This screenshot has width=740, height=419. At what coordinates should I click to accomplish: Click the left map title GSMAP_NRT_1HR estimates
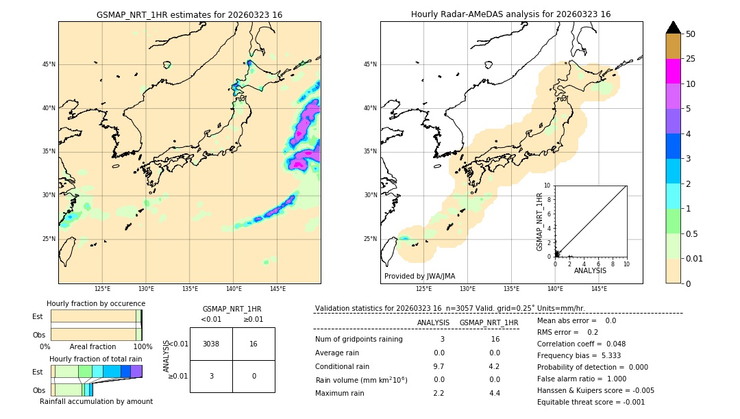point(189,14)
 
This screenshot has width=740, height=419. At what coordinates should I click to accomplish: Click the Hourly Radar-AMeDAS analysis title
point(510,14)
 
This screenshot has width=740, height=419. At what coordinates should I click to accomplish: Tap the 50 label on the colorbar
point(691,34)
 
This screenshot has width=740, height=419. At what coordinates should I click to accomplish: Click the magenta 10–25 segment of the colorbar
point(673,71)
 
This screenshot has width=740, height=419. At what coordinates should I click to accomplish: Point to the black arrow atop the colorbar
point(673,27)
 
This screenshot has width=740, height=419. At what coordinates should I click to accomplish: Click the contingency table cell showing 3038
point(211,344)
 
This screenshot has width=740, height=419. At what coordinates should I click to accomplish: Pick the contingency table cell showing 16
point(254,344)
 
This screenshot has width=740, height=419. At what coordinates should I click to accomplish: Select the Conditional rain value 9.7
point(439,366)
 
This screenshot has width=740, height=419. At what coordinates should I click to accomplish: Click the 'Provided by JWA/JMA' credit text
point(419,277)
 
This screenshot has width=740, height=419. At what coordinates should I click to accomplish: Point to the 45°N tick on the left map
point(49,64)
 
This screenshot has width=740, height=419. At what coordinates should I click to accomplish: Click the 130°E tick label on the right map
point(467,289)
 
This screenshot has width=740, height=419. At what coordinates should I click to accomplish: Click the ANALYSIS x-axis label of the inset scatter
point(590,270)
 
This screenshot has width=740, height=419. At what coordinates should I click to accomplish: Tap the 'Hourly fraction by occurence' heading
point(96,303)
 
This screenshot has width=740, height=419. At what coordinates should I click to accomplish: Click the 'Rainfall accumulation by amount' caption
point(96,401)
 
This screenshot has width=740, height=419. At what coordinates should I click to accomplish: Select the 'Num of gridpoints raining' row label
point(358,340)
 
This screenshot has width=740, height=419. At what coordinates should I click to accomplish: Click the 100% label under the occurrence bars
point(143,347)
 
